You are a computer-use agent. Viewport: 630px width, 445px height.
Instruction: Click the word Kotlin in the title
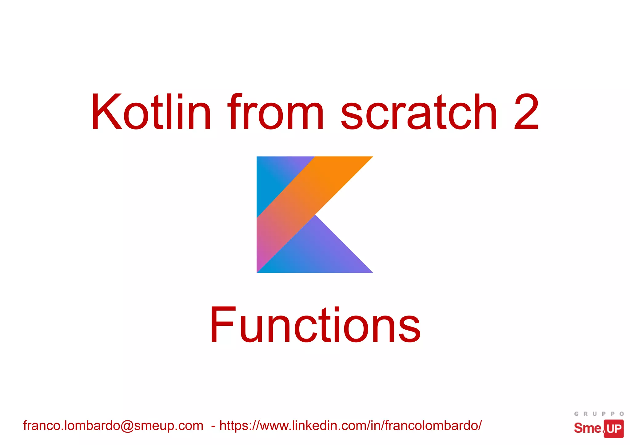(151, 112)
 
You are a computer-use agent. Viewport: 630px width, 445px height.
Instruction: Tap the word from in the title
(275, 112)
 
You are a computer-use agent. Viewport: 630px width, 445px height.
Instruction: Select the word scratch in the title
(418, 112)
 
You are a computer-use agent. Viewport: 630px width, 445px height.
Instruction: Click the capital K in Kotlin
(106, 112)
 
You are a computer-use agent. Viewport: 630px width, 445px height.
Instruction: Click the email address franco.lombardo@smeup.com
(113, 426)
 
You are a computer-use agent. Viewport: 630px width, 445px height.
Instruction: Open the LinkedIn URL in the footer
(351, 426)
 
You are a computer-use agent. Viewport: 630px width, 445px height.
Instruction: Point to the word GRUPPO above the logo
(599, 414)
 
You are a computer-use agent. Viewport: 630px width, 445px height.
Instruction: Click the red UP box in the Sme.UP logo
(614, 429)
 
